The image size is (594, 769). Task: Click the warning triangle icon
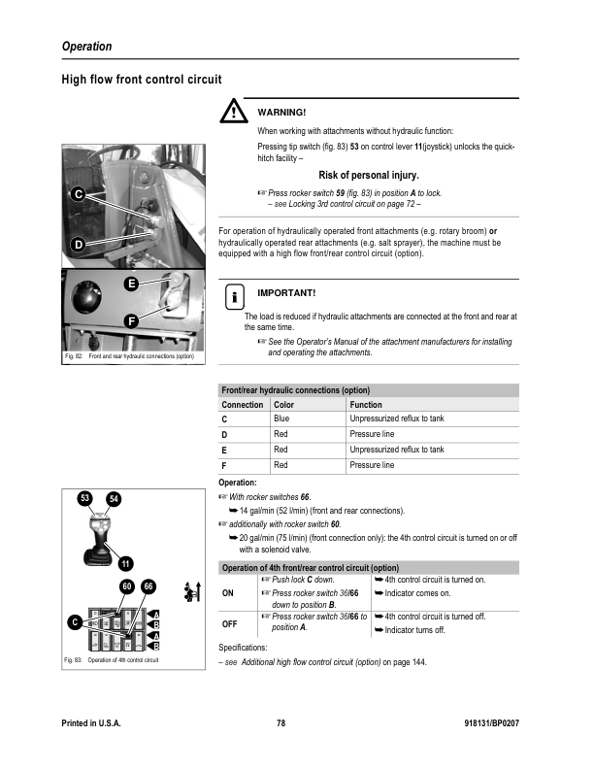[x=234, y=114]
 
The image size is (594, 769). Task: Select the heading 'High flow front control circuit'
[x=142, y=80]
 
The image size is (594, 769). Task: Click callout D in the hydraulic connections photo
[x=77, y=244]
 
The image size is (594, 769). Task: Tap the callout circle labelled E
[x=130, y=284]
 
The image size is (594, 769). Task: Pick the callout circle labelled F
[x=130, y=320]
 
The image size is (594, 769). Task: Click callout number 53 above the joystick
[x=86, y=498]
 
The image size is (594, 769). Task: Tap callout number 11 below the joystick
[x=125, y=564]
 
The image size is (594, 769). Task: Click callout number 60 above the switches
[x=126, y=586]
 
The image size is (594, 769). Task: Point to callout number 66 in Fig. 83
[x=148, y=586]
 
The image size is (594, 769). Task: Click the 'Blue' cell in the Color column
[x=282, y=418]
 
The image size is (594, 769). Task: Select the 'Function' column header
[x=366, y=404]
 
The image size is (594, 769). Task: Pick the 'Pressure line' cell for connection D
[x=372, y=434]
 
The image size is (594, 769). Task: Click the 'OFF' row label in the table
[x=229, y=623]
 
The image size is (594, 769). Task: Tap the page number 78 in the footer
[x=280, y=724]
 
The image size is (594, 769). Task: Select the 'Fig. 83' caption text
[x=71, y=660]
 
